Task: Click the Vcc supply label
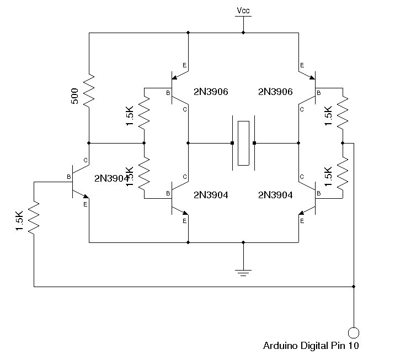coord(243,10)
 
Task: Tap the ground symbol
coord(243,273)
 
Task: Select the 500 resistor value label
coord(74,96)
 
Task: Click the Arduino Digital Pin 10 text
coord(311,346)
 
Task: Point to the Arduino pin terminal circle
coord(354,332)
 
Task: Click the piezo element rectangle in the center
coord(243,143)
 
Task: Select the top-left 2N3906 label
coord(211,92)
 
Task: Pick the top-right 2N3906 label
coord(275,92)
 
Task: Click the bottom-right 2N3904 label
coord(275,195)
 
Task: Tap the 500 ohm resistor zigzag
coord(89,90)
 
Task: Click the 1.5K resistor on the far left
coord(34,218)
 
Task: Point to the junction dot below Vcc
coord(243,33)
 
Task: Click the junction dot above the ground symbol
coord(243,242)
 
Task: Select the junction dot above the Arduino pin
coord(354,287)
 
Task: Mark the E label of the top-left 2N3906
coord(184,65)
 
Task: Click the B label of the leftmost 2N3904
coord(68,177)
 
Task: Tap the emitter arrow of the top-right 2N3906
coord(312,77)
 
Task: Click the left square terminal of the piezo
coord(232,143)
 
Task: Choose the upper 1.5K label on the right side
coord(328,116)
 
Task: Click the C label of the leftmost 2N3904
coord(86,160)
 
